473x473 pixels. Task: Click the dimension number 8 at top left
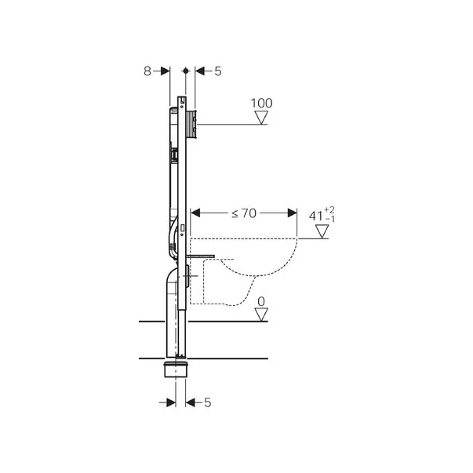[147, 71]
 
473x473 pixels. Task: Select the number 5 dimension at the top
[218, 71]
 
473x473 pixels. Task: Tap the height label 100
[261, 104]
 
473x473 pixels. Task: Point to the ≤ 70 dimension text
[244, 213]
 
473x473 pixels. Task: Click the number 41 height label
[316, 216]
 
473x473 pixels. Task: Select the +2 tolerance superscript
[329, 210]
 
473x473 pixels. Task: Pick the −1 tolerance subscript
[330, 219]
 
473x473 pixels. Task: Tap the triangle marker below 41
[322, 231]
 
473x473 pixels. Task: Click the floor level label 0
[261, 301]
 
